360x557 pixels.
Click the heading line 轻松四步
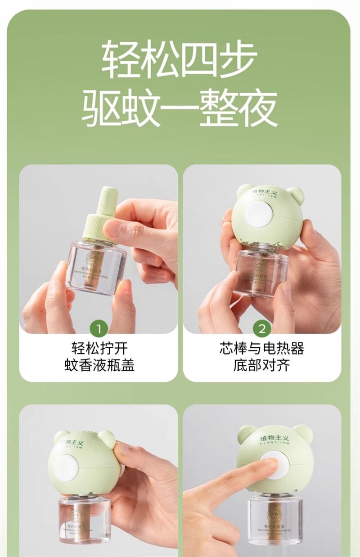pos(180,60)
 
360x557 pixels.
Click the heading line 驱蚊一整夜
pos(180,108)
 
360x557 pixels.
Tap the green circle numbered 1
pos(99,329)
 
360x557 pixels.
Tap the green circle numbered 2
pos(262,329)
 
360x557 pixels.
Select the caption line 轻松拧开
pos(99,349)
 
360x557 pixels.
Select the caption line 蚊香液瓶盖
pos(99,365)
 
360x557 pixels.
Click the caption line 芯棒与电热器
pos(262,349)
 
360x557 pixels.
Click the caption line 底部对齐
pos(262,365)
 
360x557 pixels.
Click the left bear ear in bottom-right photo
pos(247,433)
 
